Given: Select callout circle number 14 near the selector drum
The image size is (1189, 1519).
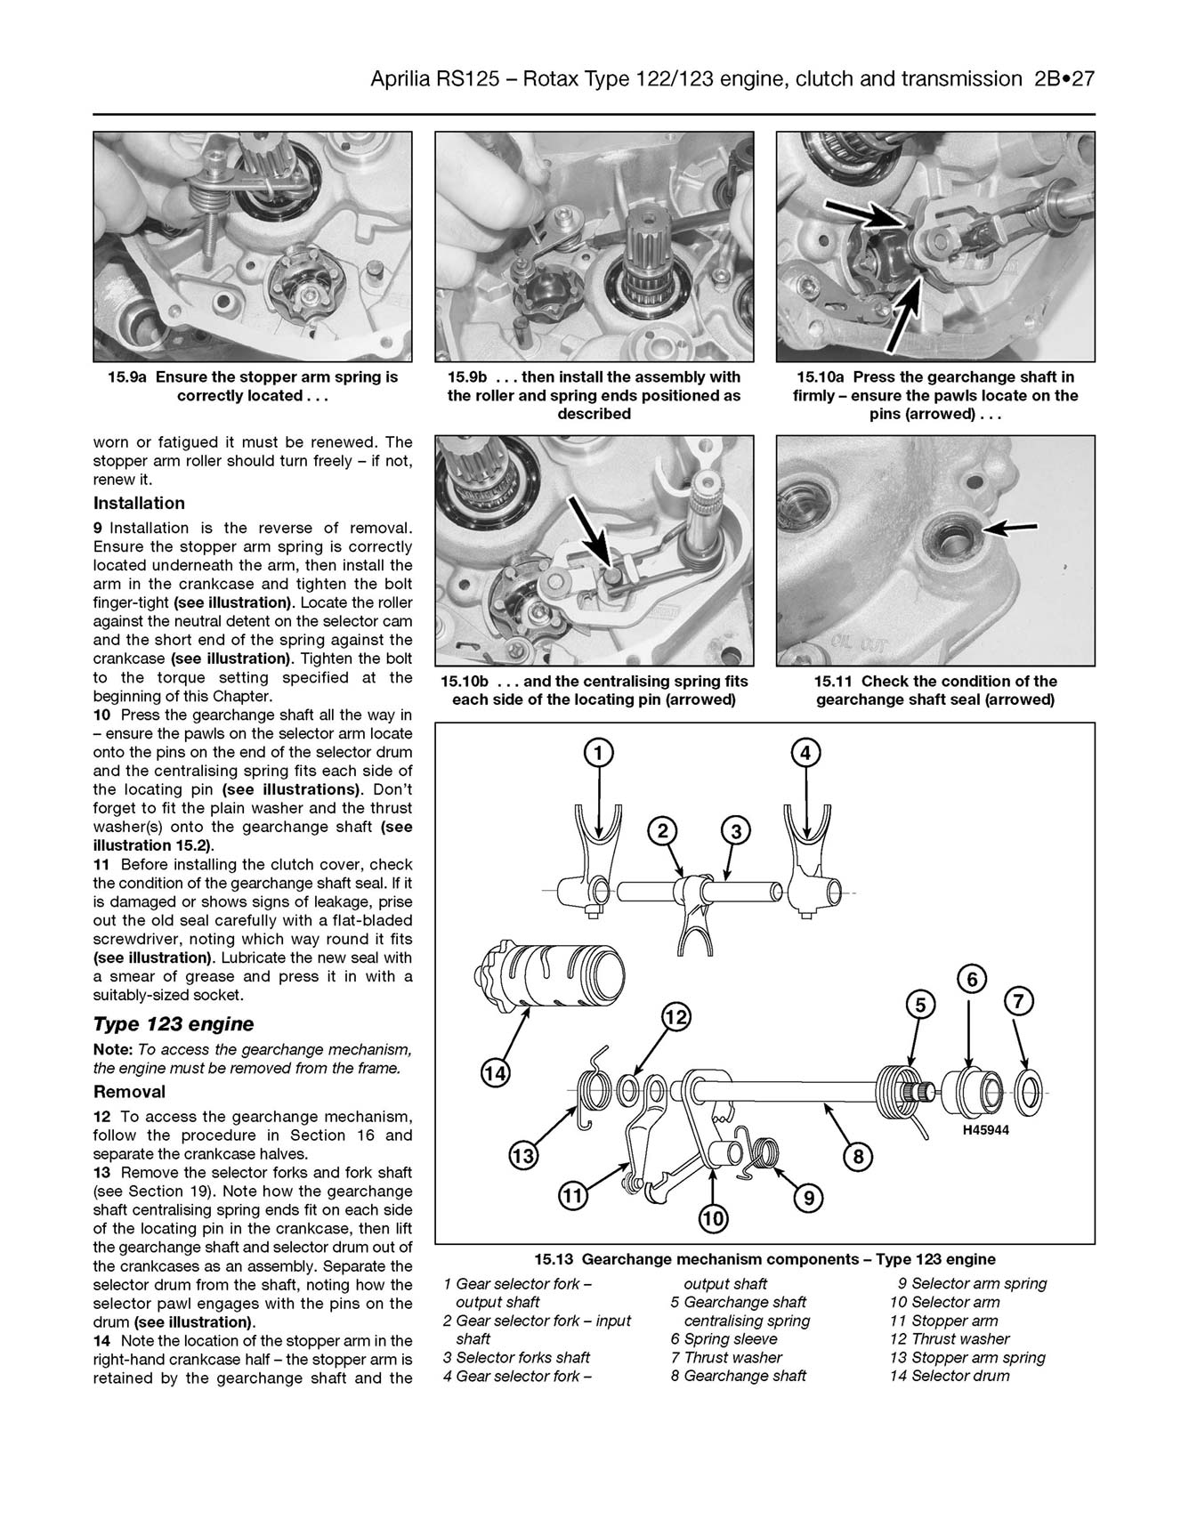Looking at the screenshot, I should coord(495,1074).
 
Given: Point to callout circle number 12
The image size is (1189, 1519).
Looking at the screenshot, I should coord(676,1016).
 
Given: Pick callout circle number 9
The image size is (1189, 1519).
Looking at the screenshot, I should coord(808,1199).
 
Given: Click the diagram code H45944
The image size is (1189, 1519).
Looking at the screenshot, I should coord(985,1131).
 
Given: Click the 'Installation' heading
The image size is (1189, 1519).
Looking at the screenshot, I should coord(139,504).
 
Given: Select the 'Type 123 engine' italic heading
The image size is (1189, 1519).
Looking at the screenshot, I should coord(173,1024).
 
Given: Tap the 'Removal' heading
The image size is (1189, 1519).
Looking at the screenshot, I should coord(129,1092).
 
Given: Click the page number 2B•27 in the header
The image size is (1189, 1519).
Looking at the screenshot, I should coord(1064,80).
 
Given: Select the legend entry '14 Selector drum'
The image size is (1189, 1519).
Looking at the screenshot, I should coord(950,1376).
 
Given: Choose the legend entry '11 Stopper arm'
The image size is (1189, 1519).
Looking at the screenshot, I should coord(943,1321).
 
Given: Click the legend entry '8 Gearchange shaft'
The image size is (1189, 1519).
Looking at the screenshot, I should coord(738,1376).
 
